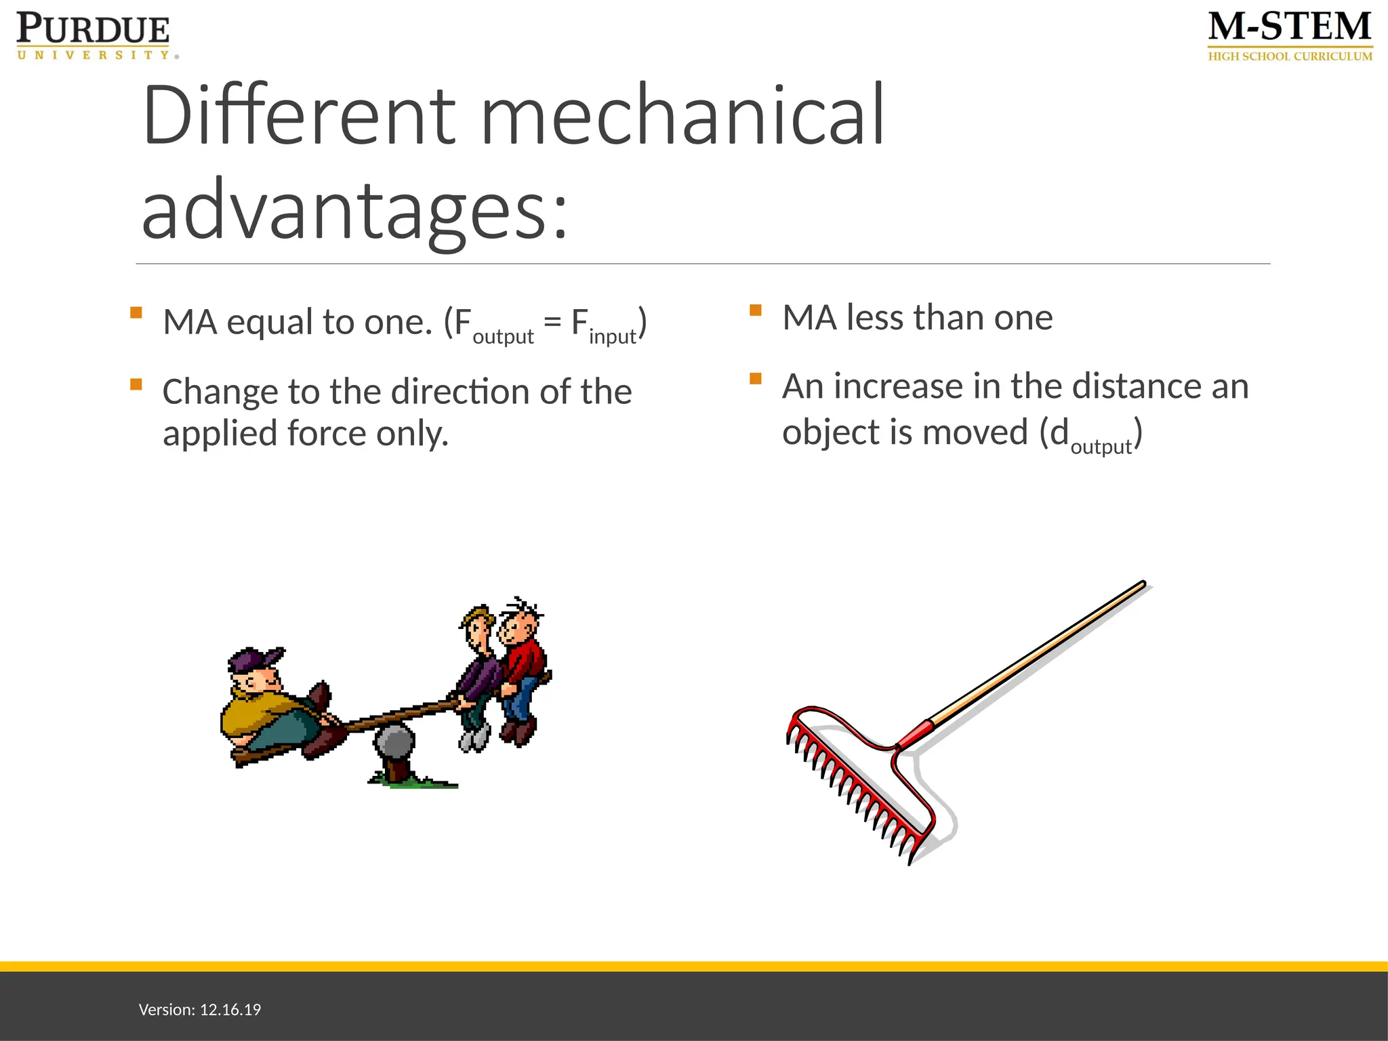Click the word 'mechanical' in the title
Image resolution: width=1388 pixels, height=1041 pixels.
click(682, 115)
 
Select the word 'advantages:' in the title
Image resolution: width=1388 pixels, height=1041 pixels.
click(354, 210)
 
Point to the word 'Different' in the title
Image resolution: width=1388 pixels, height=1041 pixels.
click(299, 115)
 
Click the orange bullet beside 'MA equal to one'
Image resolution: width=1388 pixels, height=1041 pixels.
click(136, 312)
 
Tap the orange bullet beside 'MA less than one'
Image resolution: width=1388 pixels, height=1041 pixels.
click(756, 310)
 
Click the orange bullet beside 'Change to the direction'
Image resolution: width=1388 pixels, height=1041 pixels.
click(136, 384)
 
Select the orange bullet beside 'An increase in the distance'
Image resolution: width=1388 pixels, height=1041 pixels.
click(756, 379)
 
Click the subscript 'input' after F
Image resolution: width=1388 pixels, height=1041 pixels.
click(612, 336)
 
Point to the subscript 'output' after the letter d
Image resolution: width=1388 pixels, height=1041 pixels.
click(1101, 447)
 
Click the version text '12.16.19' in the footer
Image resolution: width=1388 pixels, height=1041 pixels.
click(230, 1010)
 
